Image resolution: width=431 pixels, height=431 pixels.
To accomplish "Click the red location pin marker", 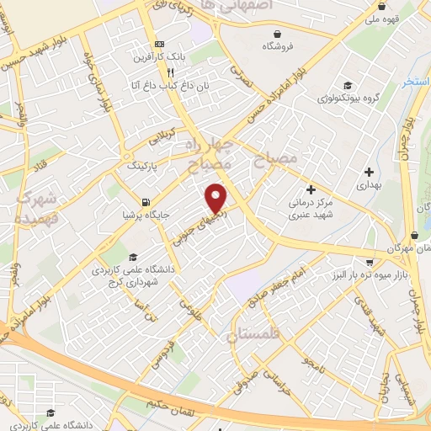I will click(x=217, y=197).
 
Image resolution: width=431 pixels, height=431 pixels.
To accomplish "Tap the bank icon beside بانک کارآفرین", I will click(x=157, y=45).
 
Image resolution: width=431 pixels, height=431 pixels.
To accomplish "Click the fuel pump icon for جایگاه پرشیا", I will click(x=147, y=202).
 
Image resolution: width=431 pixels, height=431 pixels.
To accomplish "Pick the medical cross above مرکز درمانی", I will click(x=311, y=190).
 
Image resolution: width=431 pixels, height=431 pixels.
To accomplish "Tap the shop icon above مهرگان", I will click(x=412, y=237).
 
